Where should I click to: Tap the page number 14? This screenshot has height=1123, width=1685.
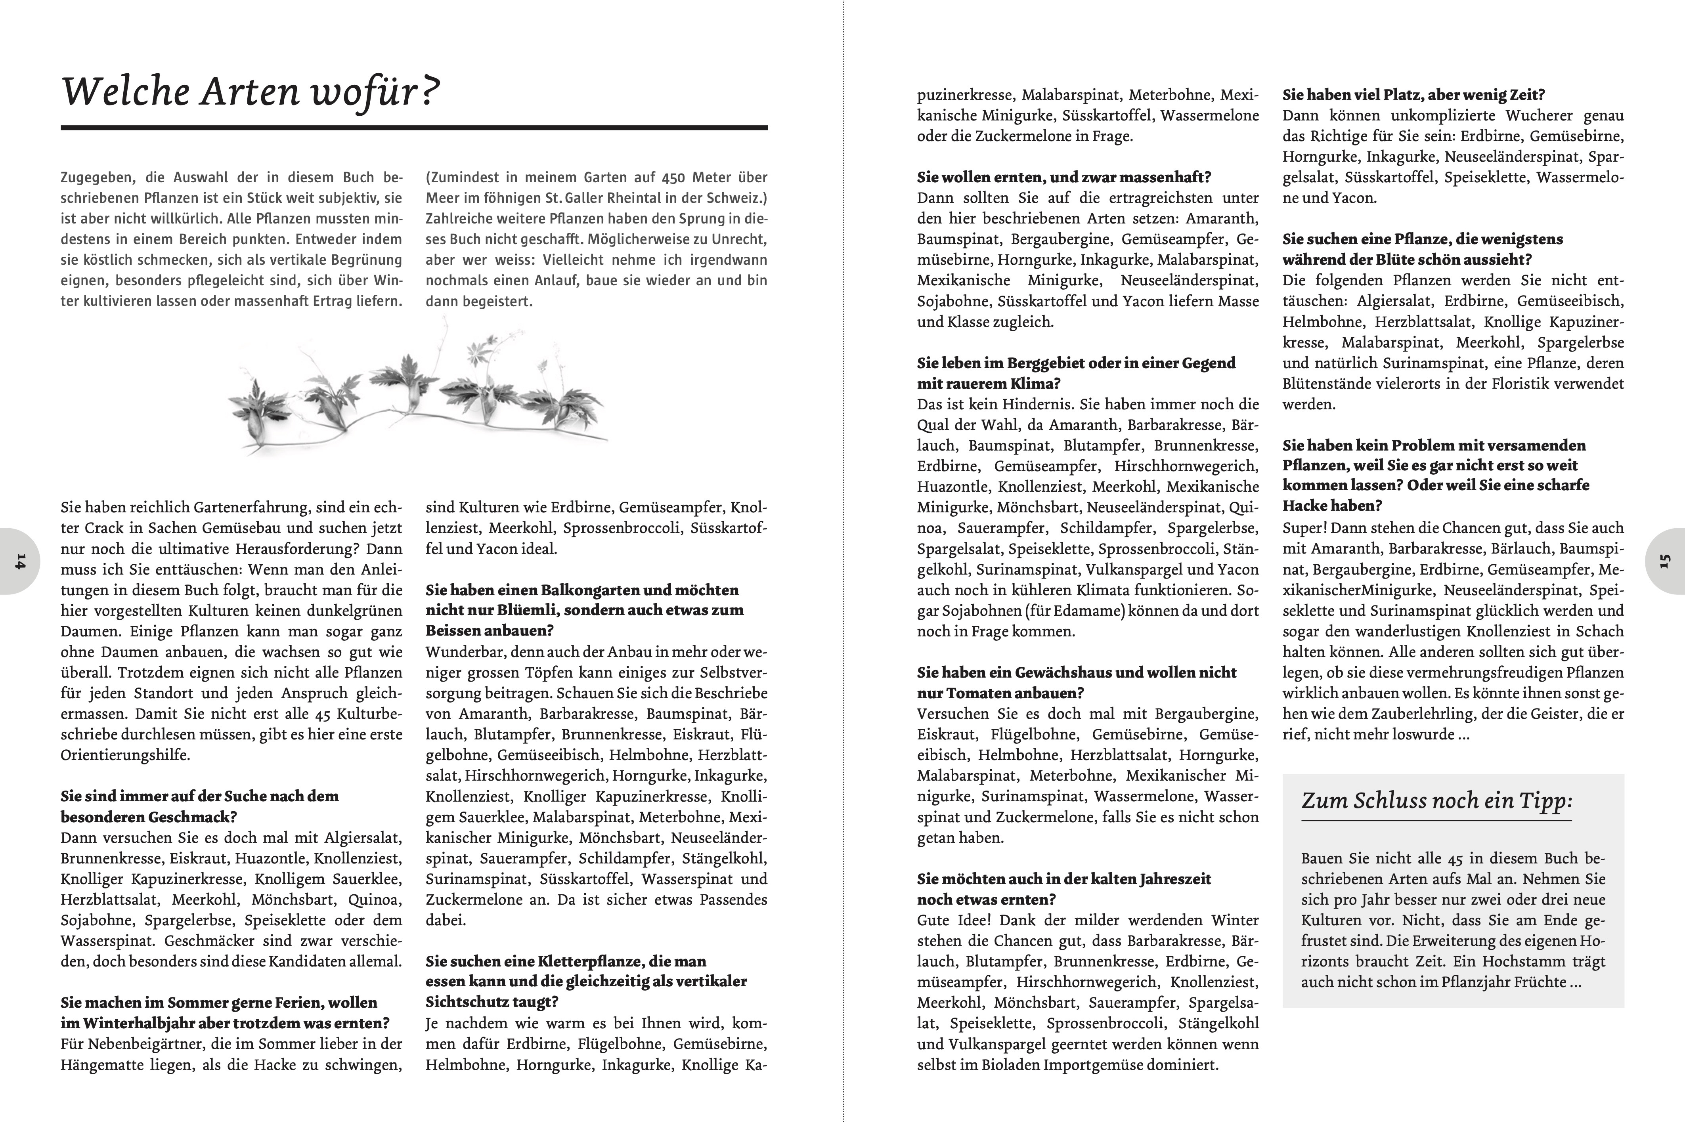pyautogui.click(x=19, y=561)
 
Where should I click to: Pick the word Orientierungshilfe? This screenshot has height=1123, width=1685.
pyautogui.click(x=125, y=755)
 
